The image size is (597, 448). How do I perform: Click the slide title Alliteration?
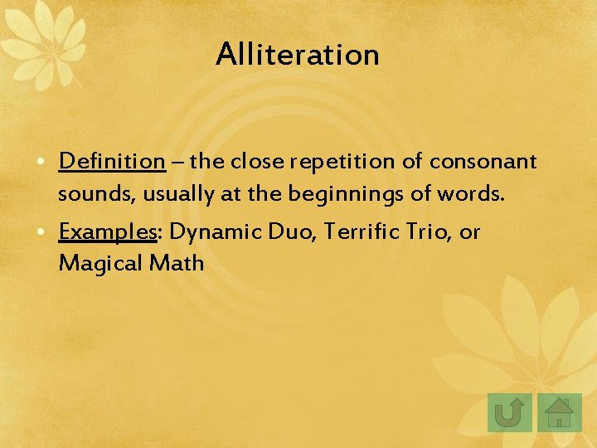coord(298,55)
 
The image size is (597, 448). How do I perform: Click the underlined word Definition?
coord(113,161)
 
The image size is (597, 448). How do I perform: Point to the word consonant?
coord(483,161)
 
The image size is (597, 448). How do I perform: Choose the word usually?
coord(170,194)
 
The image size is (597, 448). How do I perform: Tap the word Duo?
coord(294,232)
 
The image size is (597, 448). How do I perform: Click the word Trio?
coord(429,232)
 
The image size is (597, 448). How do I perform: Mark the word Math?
coord(177,265)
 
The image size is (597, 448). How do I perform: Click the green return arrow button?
coord(509,412)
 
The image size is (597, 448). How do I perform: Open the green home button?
coord(560,412)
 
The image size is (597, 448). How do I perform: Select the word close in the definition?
coord(255,161)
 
